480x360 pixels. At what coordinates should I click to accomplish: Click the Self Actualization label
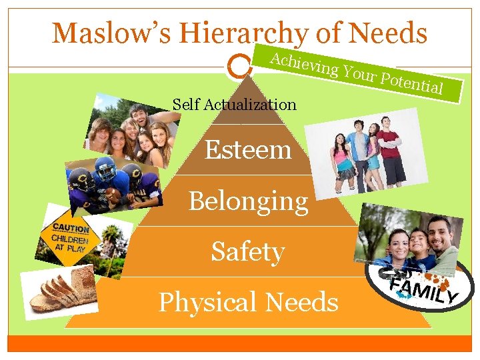pyautogui.click(x=234, y=104)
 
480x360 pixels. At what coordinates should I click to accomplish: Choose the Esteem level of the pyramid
pyautogui.click(x=248, y=149)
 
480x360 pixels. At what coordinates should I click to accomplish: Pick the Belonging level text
pyautogui.click(x=248, y=201)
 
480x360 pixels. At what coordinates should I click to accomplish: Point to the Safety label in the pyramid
pyautogui.click(x=248, y=251)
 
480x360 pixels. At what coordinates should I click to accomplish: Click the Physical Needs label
pyautogui.click(x=248, y=302)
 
